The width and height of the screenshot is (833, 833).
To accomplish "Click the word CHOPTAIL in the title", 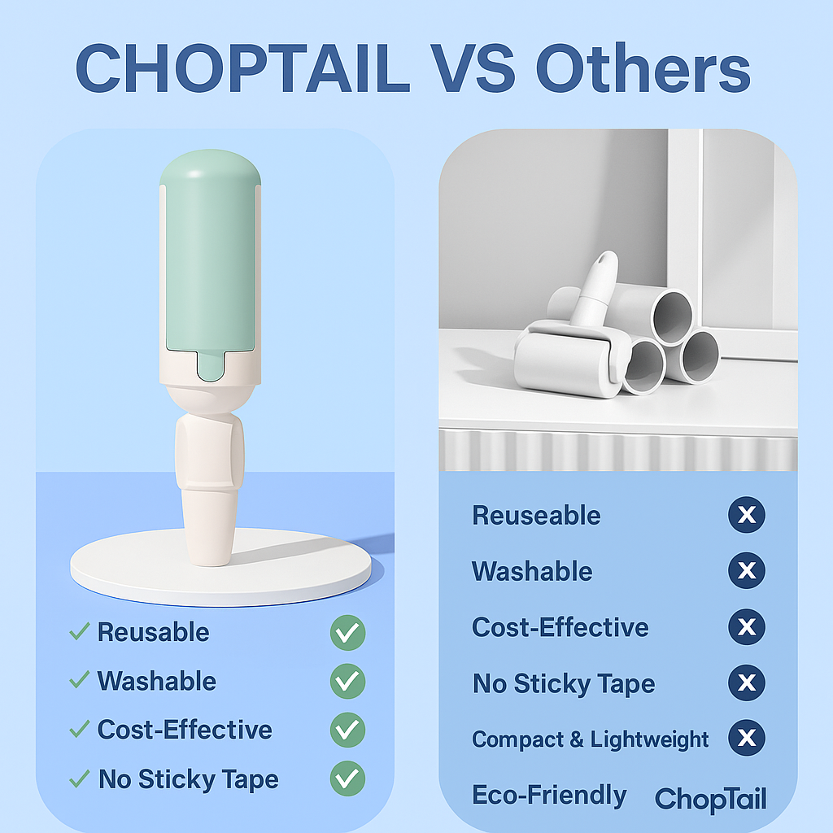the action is [242, 68].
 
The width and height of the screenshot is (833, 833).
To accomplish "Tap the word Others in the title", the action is [643, 68].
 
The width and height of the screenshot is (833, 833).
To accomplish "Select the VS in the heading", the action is [473, 68].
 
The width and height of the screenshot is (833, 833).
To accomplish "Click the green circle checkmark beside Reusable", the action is [347, 632].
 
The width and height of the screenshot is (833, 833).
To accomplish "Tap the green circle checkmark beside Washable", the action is [347, 681].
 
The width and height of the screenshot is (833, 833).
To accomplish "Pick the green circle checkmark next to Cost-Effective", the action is [347, 730].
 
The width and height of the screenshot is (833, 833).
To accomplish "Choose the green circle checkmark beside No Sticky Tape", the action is [347, 778].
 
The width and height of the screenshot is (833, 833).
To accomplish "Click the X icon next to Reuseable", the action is [747, 514].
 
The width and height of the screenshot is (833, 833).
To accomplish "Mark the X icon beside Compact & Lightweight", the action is [747, 737].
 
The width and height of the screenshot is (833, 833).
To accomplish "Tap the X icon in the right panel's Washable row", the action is [747, 570].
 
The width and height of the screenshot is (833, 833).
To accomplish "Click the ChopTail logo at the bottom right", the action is [710, 799].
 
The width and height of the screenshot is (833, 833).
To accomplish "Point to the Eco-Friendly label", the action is [549, 796].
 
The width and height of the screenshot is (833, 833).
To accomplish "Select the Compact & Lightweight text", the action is [591, 739].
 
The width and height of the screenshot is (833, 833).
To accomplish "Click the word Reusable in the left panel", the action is [153, 632].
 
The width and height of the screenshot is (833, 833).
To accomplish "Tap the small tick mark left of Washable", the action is [79, 679].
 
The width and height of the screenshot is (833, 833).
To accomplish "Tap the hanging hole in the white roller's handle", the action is [604, 260].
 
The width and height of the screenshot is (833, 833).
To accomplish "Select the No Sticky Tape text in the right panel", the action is [564, 683].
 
